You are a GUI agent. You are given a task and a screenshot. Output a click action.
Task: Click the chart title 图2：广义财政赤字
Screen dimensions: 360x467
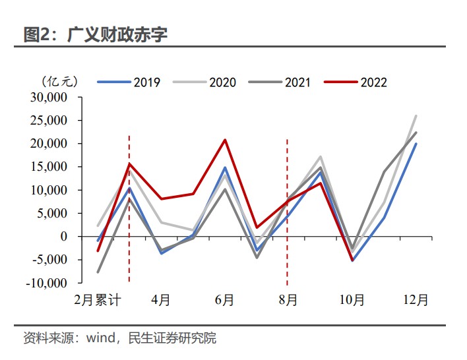click(95, 34)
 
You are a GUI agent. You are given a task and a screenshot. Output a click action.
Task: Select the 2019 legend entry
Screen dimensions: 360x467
click(129, 82)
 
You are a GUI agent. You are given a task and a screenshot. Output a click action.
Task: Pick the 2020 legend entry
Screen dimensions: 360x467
click(205, 82)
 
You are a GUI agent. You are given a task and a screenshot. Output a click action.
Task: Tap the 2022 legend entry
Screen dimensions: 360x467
click(356, 82)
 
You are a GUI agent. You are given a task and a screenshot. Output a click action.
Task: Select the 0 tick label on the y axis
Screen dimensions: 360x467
click(65, 237)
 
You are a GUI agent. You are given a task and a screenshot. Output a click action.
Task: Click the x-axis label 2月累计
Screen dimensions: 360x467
click(98, 300)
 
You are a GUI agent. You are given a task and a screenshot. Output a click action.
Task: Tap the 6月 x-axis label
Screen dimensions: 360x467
click(225, 300)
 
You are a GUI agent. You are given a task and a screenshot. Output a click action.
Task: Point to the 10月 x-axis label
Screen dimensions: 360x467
click(352, 300)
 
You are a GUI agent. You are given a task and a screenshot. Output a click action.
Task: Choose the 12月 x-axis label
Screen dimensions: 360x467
click(416, 300)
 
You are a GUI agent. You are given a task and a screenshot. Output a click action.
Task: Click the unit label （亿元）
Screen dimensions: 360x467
click(60, 82)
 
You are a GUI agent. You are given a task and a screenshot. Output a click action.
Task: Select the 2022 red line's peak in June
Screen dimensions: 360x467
click(225, 140)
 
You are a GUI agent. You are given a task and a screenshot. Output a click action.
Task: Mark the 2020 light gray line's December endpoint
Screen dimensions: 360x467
click(416, 115)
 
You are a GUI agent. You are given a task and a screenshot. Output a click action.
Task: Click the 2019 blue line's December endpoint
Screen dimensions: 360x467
click(416, 144)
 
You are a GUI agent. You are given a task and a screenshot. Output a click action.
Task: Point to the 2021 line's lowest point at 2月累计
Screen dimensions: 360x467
click(98, 272)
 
